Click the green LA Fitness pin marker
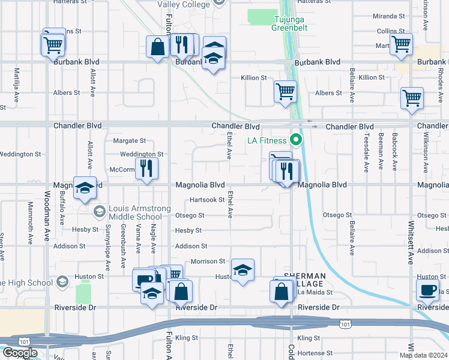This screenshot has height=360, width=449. click(x=295, y=140)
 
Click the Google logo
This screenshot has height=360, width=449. click(x=20, y=353)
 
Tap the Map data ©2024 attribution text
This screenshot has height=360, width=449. click(x=423, y=355)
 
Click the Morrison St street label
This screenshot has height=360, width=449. click(x=208, y=262)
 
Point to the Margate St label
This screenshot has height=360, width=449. click(x=130, y=141)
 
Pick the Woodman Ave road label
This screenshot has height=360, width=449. click(x=47, y=216)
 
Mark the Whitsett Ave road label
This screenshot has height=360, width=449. click(x=411, y=240)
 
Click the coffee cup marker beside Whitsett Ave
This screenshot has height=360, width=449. click(x=428, y=290)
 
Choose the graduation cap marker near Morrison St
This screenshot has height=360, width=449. click(x=243, y=271)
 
